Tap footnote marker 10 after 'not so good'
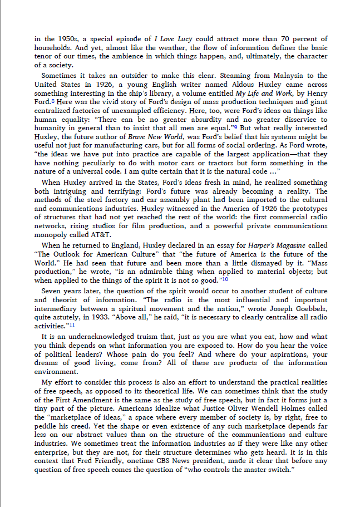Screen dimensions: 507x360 click(x=225, y=278)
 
